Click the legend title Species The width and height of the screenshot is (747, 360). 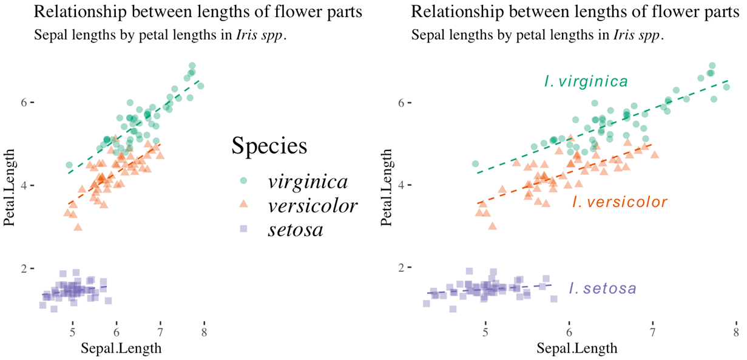pos(269,146)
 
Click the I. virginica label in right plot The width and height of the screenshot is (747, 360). pos(586,82)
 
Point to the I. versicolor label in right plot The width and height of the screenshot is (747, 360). pos(620,202)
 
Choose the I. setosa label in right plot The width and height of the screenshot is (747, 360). pos(603,288)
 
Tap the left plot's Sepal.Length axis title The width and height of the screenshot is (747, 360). pos(121,348)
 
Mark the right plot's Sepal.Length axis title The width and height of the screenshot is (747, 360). pos(577,348)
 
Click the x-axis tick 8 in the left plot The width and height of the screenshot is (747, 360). pos(204,332)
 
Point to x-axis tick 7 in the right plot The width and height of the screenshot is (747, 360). pos(652,332)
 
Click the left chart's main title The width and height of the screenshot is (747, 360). pos(198,12)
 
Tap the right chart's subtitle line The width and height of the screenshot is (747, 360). pos(538,35)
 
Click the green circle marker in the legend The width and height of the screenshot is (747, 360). pos(243,180)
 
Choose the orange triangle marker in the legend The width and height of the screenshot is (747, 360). pos(243,205)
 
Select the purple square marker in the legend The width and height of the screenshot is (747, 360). pos(243,229)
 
